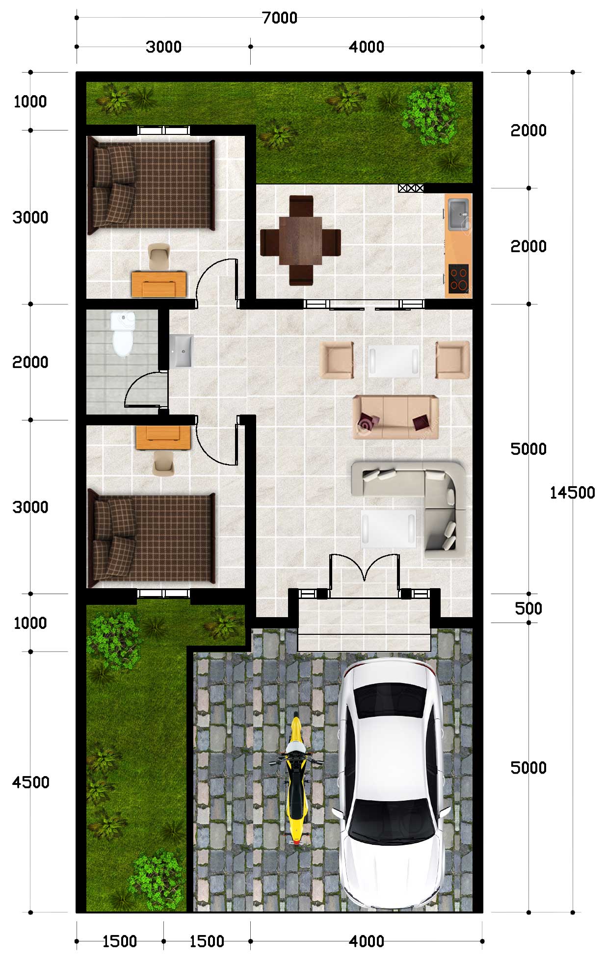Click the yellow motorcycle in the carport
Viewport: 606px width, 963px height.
pyautogui.click(x=296, y=779)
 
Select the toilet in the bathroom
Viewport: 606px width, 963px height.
pyautogui.click(x=122, y=334)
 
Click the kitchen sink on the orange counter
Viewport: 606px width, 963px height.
pyautogui.click(x=458, y=214)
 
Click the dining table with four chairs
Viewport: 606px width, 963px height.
pyautogui.click(x=300, y=241)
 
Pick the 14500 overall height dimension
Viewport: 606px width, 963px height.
pyautogui.click(x=572, y=493)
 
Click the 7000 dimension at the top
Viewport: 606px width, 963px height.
pyautogui.click(x=280, y=18)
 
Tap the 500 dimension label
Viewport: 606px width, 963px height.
pyautogui.click(x=528, y=608)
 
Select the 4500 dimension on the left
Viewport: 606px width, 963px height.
pyautogui.click(x=30, y=782)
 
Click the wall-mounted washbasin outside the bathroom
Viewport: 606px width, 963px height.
pyautogui.click(x=182, y=351)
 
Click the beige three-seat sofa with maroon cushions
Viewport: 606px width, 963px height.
pyautogui.click(x=395, y=417)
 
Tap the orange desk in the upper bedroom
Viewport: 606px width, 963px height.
pyautogui.click(x=159, y=284)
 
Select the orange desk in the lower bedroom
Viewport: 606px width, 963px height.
pyautogui.click(x=163, y=438)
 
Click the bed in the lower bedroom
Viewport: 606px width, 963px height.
pyautogui.click(x=151, y=539)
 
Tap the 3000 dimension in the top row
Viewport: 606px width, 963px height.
pyautogui.click(x=164, y=47)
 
